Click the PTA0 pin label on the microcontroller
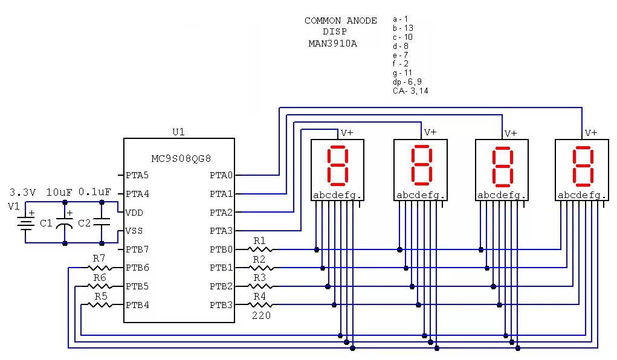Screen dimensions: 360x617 point(221,176)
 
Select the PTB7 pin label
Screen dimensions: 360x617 point(137,249)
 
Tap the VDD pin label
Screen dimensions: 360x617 point(135,213)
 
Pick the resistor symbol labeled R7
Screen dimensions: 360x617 point(99,268)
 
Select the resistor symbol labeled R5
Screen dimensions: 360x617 point(100,304)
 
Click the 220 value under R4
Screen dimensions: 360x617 point(261,315)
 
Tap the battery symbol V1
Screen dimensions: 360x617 point(25,223)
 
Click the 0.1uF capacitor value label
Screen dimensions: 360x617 point(95,192)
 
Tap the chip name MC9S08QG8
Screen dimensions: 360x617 point(181,158)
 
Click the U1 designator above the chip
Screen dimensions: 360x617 point(179,132)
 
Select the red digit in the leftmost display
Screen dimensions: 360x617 point(337,166)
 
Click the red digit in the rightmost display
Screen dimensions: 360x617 point(583,166)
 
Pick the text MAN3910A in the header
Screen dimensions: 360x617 point(332,43)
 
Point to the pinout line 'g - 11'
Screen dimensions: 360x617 point(402,72)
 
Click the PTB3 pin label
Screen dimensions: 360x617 point(221,305)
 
